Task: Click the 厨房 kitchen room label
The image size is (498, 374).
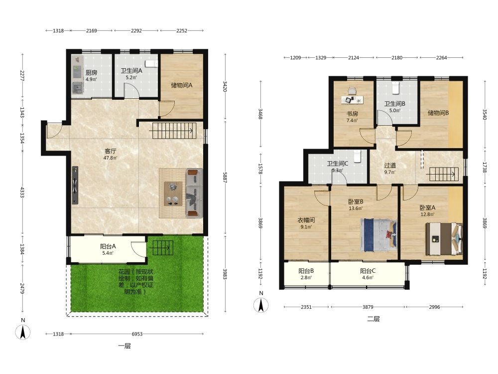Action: (x=91, y=73)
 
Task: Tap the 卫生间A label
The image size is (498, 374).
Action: (x=131, y=71)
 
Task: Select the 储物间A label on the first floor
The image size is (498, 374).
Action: (x=182, y=85)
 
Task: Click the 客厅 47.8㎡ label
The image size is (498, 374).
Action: (x=110, y=154)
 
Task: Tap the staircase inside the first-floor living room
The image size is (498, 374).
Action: (x=173, y=130)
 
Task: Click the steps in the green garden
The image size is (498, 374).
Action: (x=163, y=248)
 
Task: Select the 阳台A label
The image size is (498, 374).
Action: (x=108, y=246)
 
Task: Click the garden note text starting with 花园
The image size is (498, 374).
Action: (x=135, y=281)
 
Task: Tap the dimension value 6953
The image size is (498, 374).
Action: (x=137, y=334)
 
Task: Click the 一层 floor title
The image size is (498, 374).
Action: (x=124, y=346)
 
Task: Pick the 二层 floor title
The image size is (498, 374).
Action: (x=373, y=319)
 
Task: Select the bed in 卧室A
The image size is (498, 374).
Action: (x=444, y=239)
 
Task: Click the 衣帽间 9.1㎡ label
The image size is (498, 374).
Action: (x=306, y=223)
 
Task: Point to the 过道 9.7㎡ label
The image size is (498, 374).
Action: (x=390, y=168)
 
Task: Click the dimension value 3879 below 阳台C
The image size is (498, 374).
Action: (x=368, y=307)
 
